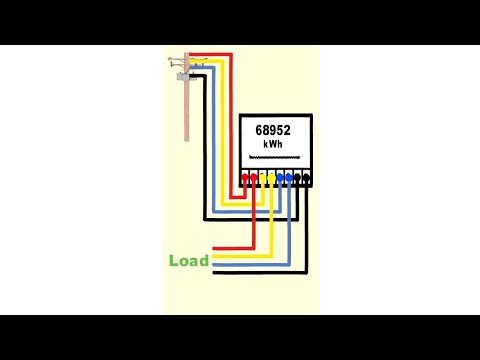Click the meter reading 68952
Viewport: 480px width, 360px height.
pos(274,130)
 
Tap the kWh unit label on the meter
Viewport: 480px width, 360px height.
pos(274,145)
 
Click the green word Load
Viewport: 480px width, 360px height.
pos(188,261)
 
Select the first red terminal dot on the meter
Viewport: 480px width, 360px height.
pos(246,179)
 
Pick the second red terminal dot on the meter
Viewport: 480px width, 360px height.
pos(255,179)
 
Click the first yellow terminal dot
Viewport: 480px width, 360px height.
pos(264,179)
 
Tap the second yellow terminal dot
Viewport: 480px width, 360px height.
pos(272,179)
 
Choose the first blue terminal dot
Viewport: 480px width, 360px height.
pos(281,179)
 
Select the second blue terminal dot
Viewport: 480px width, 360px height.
pos(289,179)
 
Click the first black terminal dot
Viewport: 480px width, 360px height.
pos(298,179)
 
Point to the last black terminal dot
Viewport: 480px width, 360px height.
pos(306,179)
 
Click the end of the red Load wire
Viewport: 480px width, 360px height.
pos(213,245)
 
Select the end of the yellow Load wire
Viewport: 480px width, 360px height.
pos(213,255)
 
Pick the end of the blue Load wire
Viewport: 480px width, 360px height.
pos(213,264)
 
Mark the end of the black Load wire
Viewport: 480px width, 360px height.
pos(213,273)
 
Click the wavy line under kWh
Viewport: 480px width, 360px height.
pos(274,158)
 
